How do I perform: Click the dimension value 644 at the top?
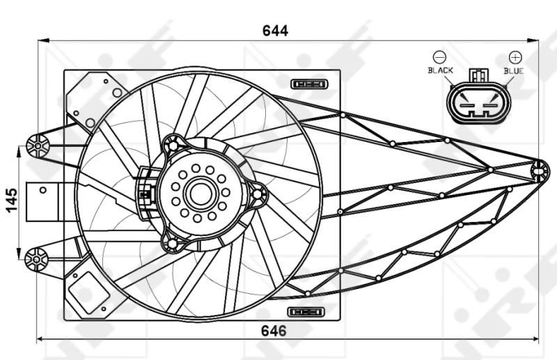[275, 31]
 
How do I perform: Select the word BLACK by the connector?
[440, 70]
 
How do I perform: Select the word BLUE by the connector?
[514, 70]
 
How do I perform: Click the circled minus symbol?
[439, 56]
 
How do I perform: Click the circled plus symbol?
[515, 56]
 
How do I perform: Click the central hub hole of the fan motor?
[200, 194]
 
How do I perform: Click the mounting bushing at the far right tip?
[538, 169]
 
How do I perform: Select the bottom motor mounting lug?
[172, 243]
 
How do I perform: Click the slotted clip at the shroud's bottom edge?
[307, 311]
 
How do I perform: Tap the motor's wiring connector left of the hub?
[146, 193]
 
